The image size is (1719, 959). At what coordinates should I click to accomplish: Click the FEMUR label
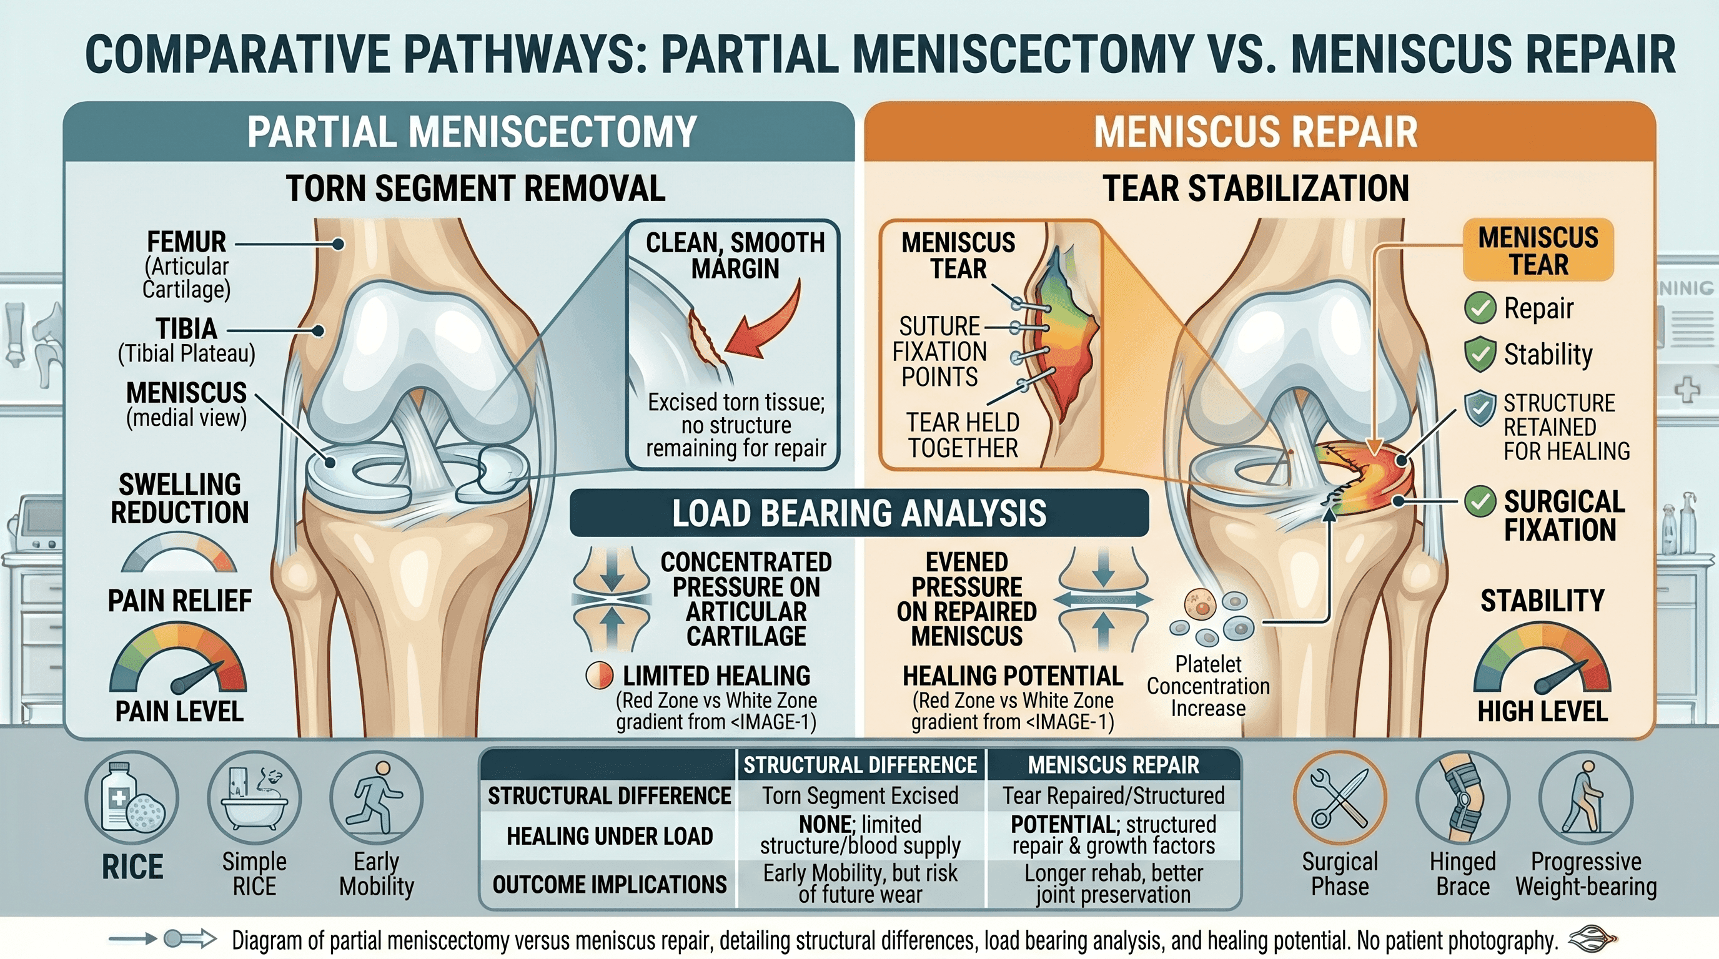tap(186, 242)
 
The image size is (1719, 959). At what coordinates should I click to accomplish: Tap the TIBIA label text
tap(186, 329)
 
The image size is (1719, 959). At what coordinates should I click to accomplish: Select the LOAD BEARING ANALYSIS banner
tap(859, 513)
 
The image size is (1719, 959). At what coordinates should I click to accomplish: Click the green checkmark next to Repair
tap(1479, 308)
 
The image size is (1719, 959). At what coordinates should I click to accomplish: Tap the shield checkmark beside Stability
tap(1479, 354)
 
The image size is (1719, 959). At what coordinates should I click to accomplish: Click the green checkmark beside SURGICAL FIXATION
tap(1479, 501)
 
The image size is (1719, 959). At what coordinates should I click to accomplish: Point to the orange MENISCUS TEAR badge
tap(1538, 251)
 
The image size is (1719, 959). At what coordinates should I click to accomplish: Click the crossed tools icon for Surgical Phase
tap(1340, 798)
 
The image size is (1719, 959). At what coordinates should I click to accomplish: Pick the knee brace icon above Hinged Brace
tap(1463, 798)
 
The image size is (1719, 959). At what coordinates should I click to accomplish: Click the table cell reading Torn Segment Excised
tap(860, 795)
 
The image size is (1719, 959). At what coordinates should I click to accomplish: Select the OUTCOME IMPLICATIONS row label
tap(609, 884)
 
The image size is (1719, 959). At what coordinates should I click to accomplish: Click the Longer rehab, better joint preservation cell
tap(1113, 883)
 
